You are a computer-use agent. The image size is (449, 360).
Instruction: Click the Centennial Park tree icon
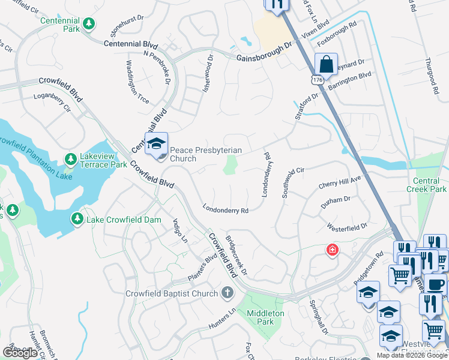tap(89, 24)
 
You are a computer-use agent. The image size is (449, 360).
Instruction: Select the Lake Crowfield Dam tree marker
tap(77, 220)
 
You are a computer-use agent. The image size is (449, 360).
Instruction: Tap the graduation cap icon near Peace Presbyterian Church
tap(156, 144)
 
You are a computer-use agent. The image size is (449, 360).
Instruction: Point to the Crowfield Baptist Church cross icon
tap(227, 293)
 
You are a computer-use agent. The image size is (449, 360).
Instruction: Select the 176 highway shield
tap(317, 80)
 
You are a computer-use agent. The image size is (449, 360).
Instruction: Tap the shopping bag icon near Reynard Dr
tap(325, 64)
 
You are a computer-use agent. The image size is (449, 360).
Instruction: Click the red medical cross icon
tap(331, 250)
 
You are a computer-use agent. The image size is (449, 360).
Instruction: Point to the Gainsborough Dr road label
tap(264, 52)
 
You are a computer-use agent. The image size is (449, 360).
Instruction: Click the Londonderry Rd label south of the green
tap(225, 211)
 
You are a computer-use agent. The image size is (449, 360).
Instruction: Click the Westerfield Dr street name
tap(346, 227)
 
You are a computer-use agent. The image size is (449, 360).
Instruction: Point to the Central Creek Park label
tap(430, 185)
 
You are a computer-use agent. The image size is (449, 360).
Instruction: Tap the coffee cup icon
tap(435, 284)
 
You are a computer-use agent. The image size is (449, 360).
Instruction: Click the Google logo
tap(20, 353)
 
